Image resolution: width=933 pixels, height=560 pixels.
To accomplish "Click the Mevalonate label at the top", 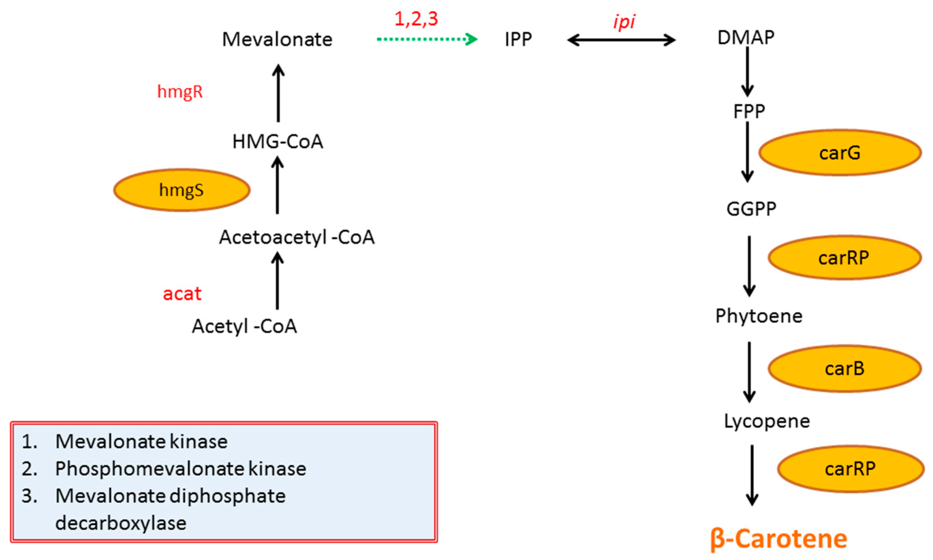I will click(x=277, y=39).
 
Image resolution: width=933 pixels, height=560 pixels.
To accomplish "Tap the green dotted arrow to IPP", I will click(x=426, y=39).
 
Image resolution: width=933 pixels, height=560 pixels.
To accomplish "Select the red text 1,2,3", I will click(x=416, y=19).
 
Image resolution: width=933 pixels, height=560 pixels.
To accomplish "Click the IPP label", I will click(x=518, y=39).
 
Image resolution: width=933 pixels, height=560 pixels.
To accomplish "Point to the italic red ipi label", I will click(x=624, y=22).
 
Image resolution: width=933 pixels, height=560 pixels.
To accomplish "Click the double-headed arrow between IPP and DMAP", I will click(x=621, y=40).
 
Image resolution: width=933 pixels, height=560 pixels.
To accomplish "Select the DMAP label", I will click(x=746, y=37).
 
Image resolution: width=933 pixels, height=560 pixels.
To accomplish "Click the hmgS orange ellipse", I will click(x=182, y=190).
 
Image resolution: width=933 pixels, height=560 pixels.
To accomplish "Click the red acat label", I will click(x=182, y=294).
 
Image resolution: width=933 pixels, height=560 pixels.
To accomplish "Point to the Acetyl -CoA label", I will click(x=244, y=326).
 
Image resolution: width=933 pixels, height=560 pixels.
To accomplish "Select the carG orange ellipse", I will click(x=840, y=153).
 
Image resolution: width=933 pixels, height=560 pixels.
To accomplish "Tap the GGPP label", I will click(x=751, y=209).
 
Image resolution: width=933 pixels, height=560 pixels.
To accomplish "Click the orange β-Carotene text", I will click(x=779, y=539).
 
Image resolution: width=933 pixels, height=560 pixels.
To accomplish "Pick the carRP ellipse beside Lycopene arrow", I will click(x=850, y=469).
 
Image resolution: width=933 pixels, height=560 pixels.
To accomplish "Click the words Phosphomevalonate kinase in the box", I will click(x=181, y=469).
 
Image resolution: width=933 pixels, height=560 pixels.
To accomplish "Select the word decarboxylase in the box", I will click(x=121, y=523).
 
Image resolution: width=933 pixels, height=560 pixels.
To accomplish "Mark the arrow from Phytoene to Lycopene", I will click(x=749, y=372).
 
